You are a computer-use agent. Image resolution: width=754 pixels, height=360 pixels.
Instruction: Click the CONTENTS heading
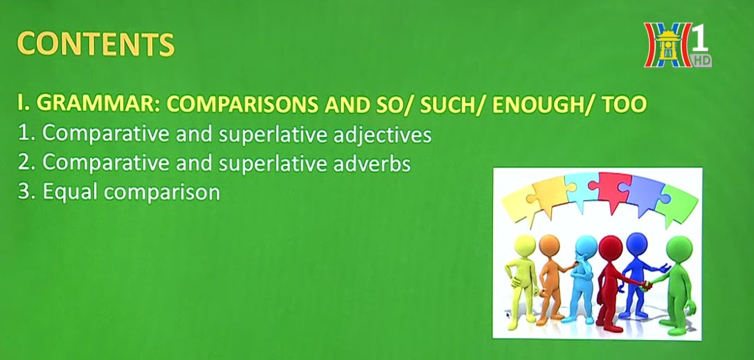pos(96,44)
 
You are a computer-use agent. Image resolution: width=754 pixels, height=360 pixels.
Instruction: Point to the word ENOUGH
pos(535,105)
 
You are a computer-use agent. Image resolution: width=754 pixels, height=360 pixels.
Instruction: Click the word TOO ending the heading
pos(624,105)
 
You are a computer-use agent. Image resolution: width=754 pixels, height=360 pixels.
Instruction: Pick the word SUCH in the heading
pos(447,105)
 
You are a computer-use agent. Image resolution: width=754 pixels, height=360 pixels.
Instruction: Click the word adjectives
pos(382,135)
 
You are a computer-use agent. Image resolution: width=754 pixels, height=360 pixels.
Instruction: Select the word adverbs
pos(372,163)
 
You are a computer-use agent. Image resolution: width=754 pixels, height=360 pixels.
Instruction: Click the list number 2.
pos(24,163)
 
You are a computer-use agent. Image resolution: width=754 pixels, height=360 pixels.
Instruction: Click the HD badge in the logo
pos(702,60)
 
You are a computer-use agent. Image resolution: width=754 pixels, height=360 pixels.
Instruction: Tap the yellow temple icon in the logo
pos(668,46)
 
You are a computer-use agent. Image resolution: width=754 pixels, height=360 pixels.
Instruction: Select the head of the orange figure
pos(549,246)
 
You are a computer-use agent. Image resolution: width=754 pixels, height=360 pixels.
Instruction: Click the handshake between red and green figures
pos(645,285)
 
